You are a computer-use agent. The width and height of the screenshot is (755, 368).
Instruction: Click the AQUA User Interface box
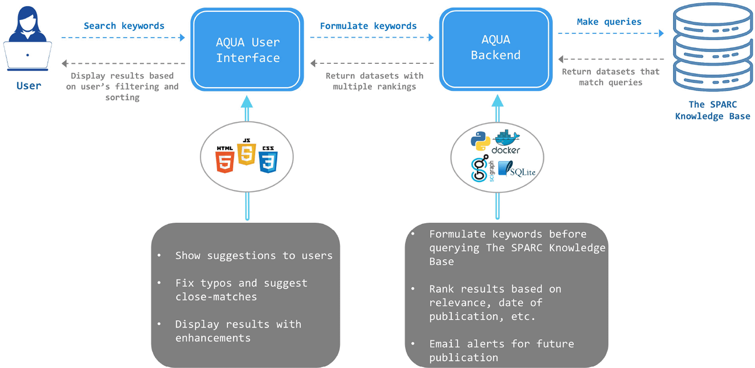click(247, 50)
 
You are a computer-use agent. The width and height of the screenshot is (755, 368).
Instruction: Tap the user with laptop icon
click(28, 39)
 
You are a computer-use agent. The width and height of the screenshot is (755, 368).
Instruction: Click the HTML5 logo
click(225, 160)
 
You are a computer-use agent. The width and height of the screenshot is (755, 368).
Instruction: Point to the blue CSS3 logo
click(268, 160)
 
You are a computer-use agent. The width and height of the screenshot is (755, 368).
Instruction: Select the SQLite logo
click(517, 169)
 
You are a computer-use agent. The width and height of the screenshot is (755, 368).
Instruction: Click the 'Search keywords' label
click(124, 26)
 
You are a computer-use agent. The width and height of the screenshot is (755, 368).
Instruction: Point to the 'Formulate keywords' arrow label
click(368, 26)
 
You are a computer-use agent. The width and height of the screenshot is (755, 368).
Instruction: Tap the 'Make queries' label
click(609, 22)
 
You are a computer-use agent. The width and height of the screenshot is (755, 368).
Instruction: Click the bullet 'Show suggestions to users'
click(254, 255)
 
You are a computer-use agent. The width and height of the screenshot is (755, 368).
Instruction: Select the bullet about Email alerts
click(501, 350)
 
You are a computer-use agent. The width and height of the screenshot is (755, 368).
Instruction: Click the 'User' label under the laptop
click(29, 85)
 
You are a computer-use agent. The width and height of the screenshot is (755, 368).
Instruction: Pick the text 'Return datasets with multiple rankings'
click(374, 81)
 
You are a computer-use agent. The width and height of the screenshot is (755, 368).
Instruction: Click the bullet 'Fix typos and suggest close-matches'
click(241, 289)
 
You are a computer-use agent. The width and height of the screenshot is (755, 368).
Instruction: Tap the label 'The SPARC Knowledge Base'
click(712, 110)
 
